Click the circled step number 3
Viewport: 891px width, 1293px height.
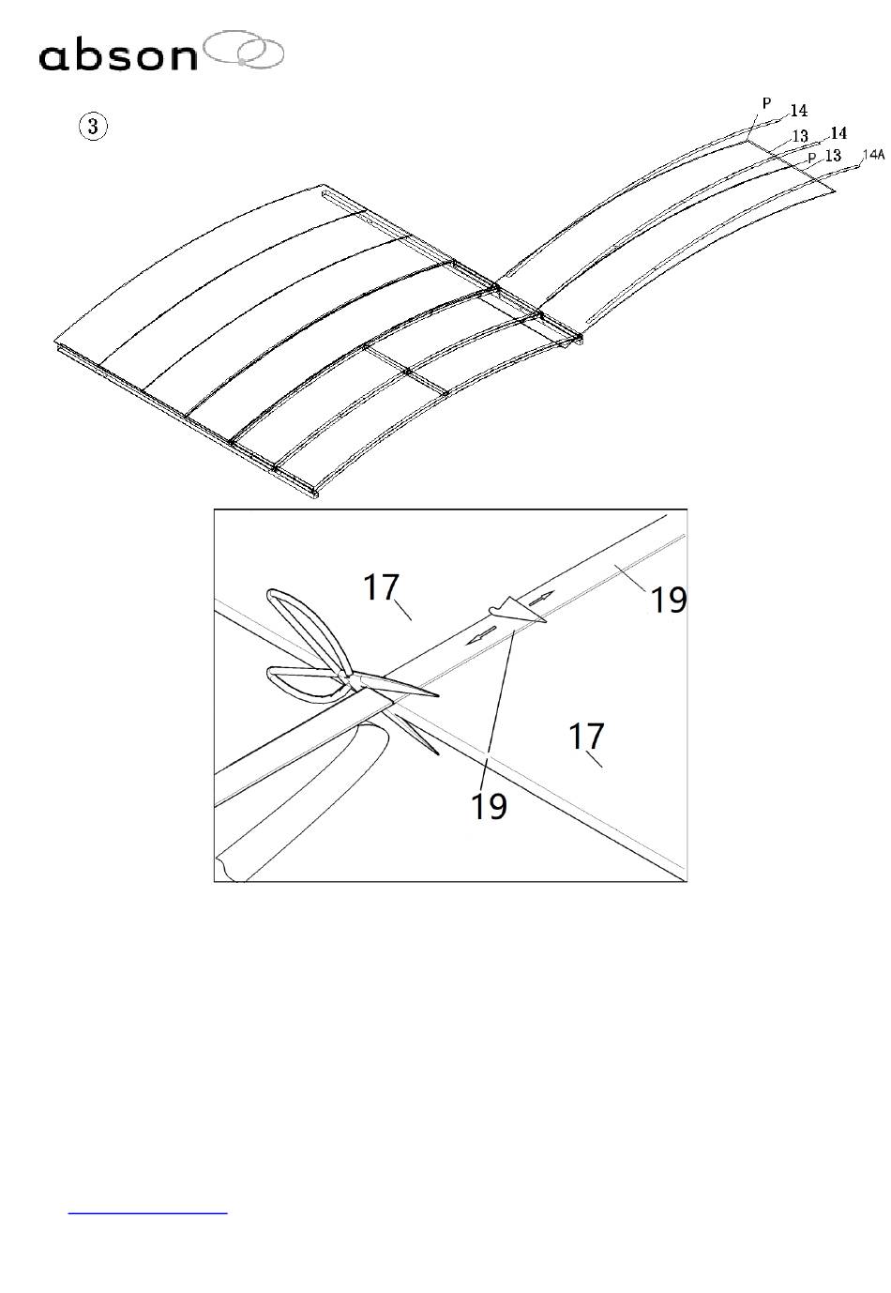click(x=92, y=126)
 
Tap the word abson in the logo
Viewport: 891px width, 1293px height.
click(x=117, y=56)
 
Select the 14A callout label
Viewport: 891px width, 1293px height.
click(x=872, y=154)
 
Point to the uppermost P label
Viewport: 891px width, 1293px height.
click(x=766, y=104)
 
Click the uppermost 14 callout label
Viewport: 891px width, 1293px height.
click(x=797, y=112)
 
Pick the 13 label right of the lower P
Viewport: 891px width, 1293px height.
click(x=832, y=156)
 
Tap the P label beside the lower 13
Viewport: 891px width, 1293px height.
click(x=812, y=158)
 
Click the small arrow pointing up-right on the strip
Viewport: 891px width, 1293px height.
click(x=541, y=597)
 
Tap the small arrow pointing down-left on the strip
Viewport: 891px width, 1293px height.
click(x=482, y=635)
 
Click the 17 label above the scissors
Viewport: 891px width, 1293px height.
click(x=382, y=588)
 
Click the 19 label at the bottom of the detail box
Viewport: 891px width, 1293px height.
click(x=489, y=805)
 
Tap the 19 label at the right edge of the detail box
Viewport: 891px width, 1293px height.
click(x=669, y=600)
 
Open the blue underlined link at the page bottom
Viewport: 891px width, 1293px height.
click(x=148, y=1212)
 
